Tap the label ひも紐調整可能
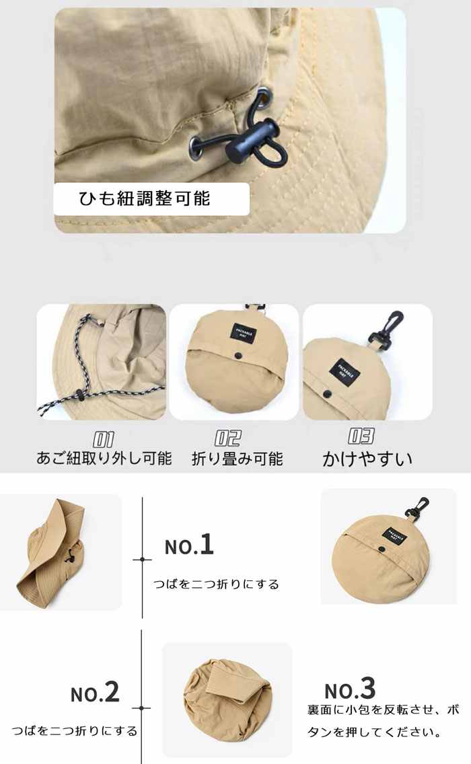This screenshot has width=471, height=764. (144, 198)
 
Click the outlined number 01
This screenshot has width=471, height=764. (103, 439)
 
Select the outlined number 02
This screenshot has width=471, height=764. (227, 438)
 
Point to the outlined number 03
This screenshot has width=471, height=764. (361, 436)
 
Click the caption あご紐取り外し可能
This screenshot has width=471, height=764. (104, 459)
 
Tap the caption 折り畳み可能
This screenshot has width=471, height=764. (238, 459)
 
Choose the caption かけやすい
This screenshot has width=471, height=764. (367, 459)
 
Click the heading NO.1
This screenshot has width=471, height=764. (189, 545)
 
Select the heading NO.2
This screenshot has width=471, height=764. (95, 693)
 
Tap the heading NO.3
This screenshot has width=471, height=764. (350, 689)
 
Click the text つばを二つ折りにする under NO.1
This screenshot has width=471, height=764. (216, 584)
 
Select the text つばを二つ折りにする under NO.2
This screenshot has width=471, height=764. (75, 730)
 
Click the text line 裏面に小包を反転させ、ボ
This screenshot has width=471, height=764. (384, 710)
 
